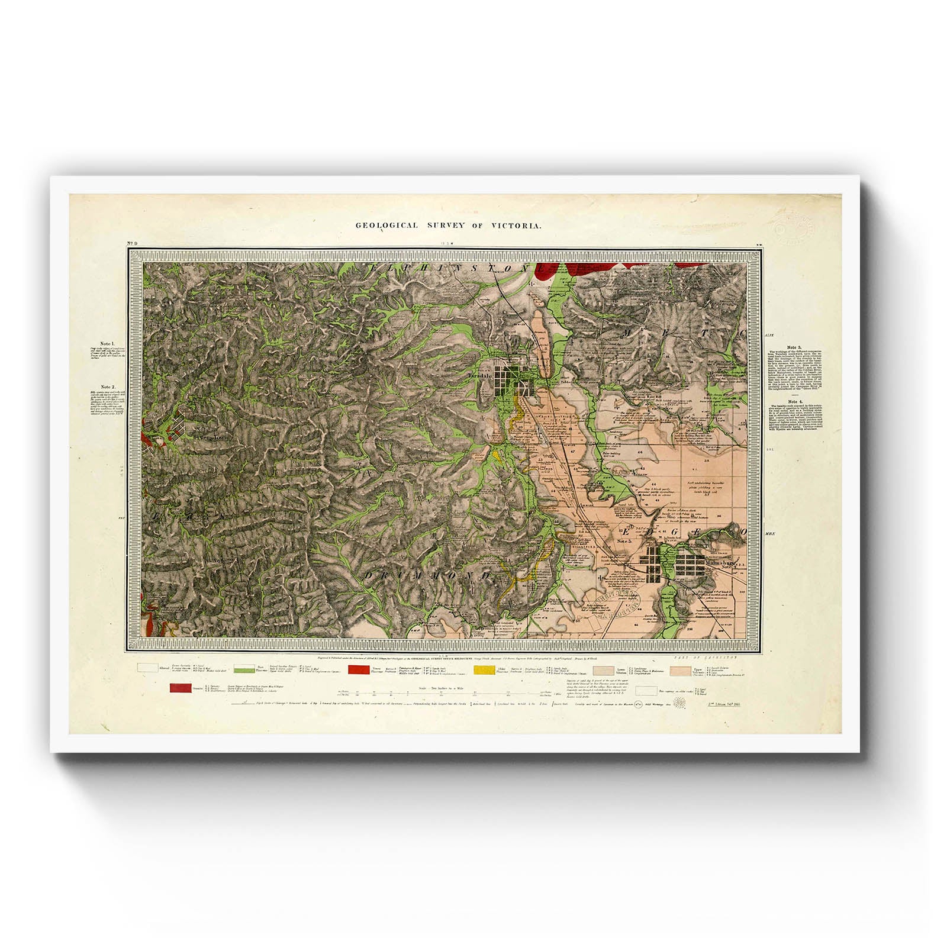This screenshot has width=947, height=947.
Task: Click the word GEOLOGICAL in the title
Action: pos(386,226)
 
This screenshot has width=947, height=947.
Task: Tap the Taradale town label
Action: pos(480,376)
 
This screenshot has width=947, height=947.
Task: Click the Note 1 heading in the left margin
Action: pos(107,343)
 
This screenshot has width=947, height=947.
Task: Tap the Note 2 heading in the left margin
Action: pos(108,386)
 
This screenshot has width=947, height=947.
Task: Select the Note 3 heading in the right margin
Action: pos(794,347)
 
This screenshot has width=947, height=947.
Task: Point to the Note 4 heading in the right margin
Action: pos(794,401)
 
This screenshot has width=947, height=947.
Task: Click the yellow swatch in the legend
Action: pos(484,670)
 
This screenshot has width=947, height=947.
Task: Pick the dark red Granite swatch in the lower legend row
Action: pos(181,688)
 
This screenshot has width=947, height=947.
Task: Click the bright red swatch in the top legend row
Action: pos(359,670)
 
